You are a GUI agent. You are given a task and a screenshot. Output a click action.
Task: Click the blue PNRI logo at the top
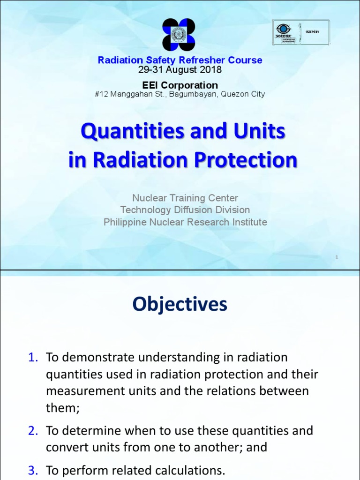click(x=180, y=35)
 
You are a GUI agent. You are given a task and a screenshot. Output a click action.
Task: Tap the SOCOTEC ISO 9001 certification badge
click(x=300, y=32)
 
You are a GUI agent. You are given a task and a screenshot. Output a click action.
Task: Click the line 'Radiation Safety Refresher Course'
click(x=180, y=60)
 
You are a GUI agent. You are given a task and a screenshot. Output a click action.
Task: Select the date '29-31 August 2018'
click(x=180, y=70)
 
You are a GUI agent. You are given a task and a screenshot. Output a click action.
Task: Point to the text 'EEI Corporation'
click(x=180, y=85)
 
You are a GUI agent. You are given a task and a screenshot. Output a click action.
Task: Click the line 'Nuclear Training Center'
click(x=185, y=198)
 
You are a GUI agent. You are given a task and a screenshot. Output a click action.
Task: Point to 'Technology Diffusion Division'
click(x=185, y=210)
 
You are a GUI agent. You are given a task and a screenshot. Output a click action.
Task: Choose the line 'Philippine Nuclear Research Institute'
click(x=185, y=222)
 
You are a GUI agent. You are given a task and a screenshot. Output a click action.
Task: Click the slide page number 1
click(x=337, y=257)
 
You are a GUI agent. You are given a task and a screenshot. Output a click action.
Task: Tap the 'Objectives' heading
click(x=180, y=305)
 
